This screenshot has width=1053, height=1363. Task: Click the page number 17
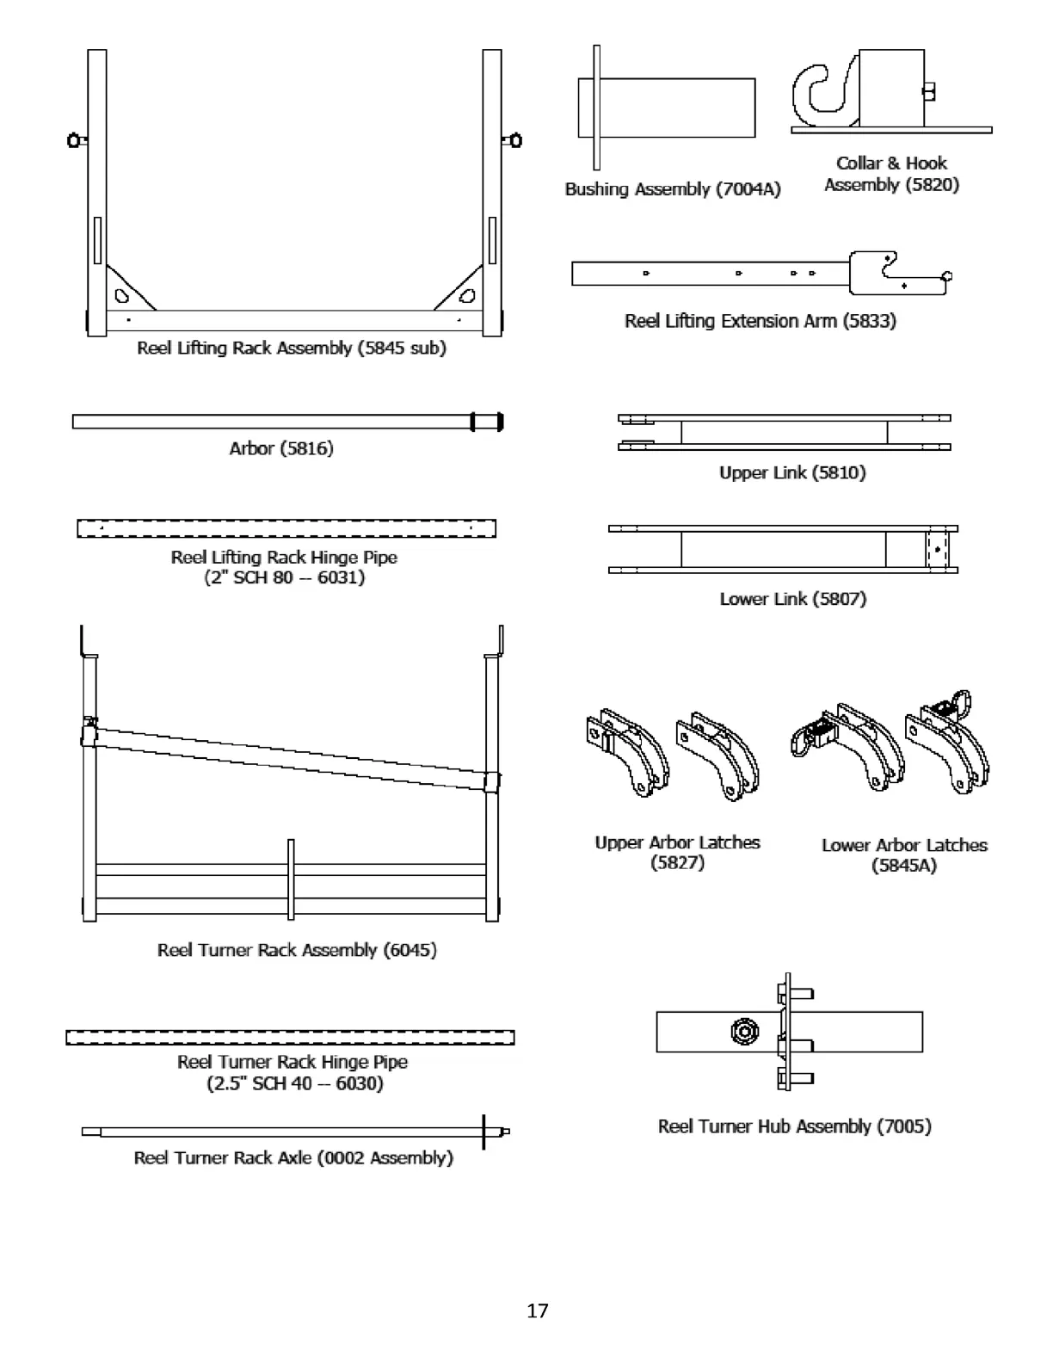[537, 1311]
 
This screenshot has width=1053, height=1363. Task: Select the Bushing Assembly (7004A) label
[672, 189]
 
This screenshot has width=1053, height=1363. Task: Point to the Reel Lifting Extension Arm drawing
[757, 274]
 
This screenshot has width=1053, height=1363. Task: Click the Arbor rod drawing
[275, 422]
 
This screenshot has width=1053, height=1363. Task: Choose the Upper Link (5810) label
[792, 472]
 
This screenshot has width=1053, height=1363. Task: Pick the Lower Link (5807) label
[792, 599]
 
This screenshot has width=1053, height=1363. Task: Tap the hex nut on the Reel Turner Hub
[743, 1031]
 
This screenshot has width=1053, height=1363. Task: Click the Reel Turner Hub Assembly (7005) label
[794, 1126]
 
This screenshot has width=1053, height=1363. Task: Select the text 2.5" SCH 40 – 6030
[294, 1083]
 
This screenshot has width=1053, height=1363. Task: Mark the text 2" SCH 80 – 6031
[284, 577]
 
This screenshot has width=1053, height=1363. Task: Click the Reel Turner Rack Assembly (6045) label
[297, 950]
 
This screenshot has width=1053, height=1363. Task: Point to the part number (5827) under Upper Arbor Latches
[678, 862]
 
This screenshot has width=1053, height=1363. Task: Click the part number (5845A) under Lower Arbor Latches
[903, 866]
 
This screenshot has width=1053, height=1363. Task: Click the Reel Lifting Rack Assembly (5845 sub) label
[292, 348]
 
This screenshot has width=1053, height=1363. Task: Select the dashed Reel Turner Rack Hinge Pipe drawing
[290, 1037]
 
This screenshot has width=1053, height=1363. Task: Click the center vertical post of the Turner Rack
[291, 879]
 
